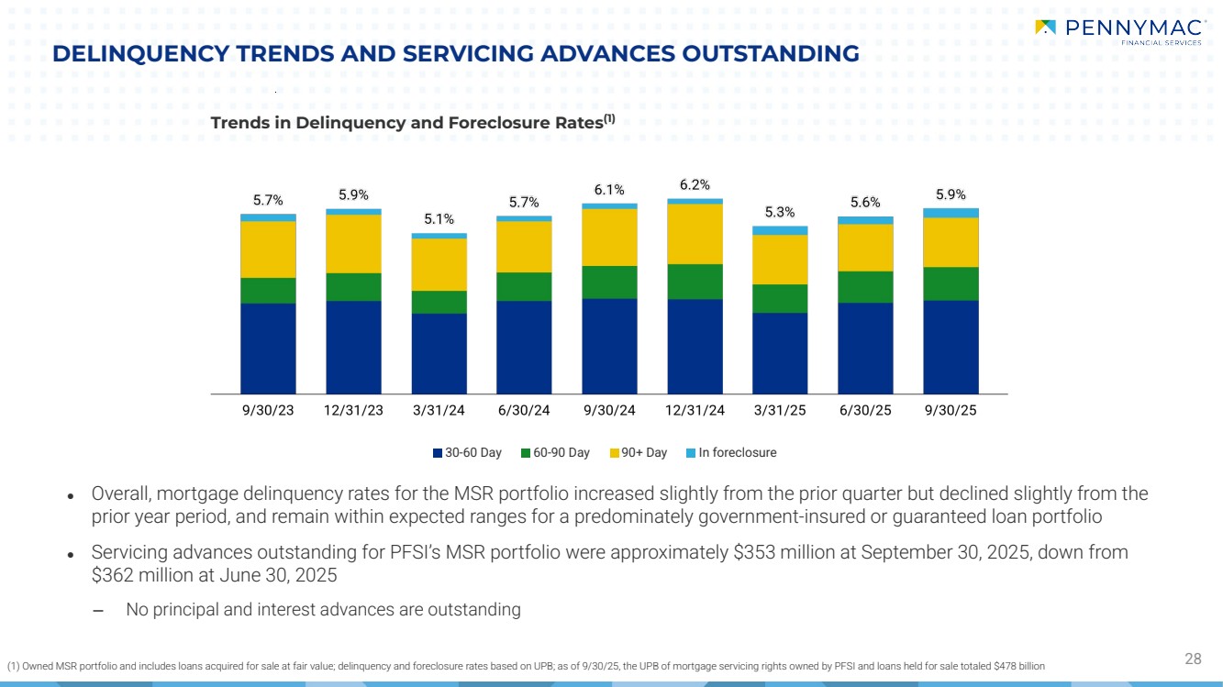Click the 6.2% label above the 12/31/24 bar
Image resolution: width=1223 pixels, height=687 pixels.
tap(694, 185)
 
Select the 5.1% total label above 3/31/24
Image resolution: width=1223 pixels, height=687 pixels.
tap(439, 219)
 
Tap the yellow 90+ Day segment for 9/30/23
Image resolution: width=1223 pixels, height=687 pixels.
tap(268, 249)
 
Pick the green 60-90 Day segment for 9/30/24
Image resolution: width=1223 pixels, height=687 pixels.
tap(609, 282)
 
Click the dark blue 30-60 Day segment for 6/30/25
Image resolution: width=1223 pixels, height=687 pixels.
tap(865, 348)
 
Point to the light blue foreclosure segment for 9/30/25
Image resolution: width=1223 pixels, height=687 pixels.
tap(951, 213)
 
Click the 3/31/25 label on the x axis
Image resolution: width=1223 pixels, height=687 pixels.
tap(780, 410)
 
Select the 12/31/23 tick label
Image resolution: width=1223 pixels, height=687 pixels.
tap(353, 410)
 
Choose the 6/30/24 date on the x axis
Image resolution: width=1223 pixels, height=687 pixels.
tap(523, 410)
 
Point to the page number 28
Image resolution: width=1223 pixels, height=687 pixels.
tap(1193, 658)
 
